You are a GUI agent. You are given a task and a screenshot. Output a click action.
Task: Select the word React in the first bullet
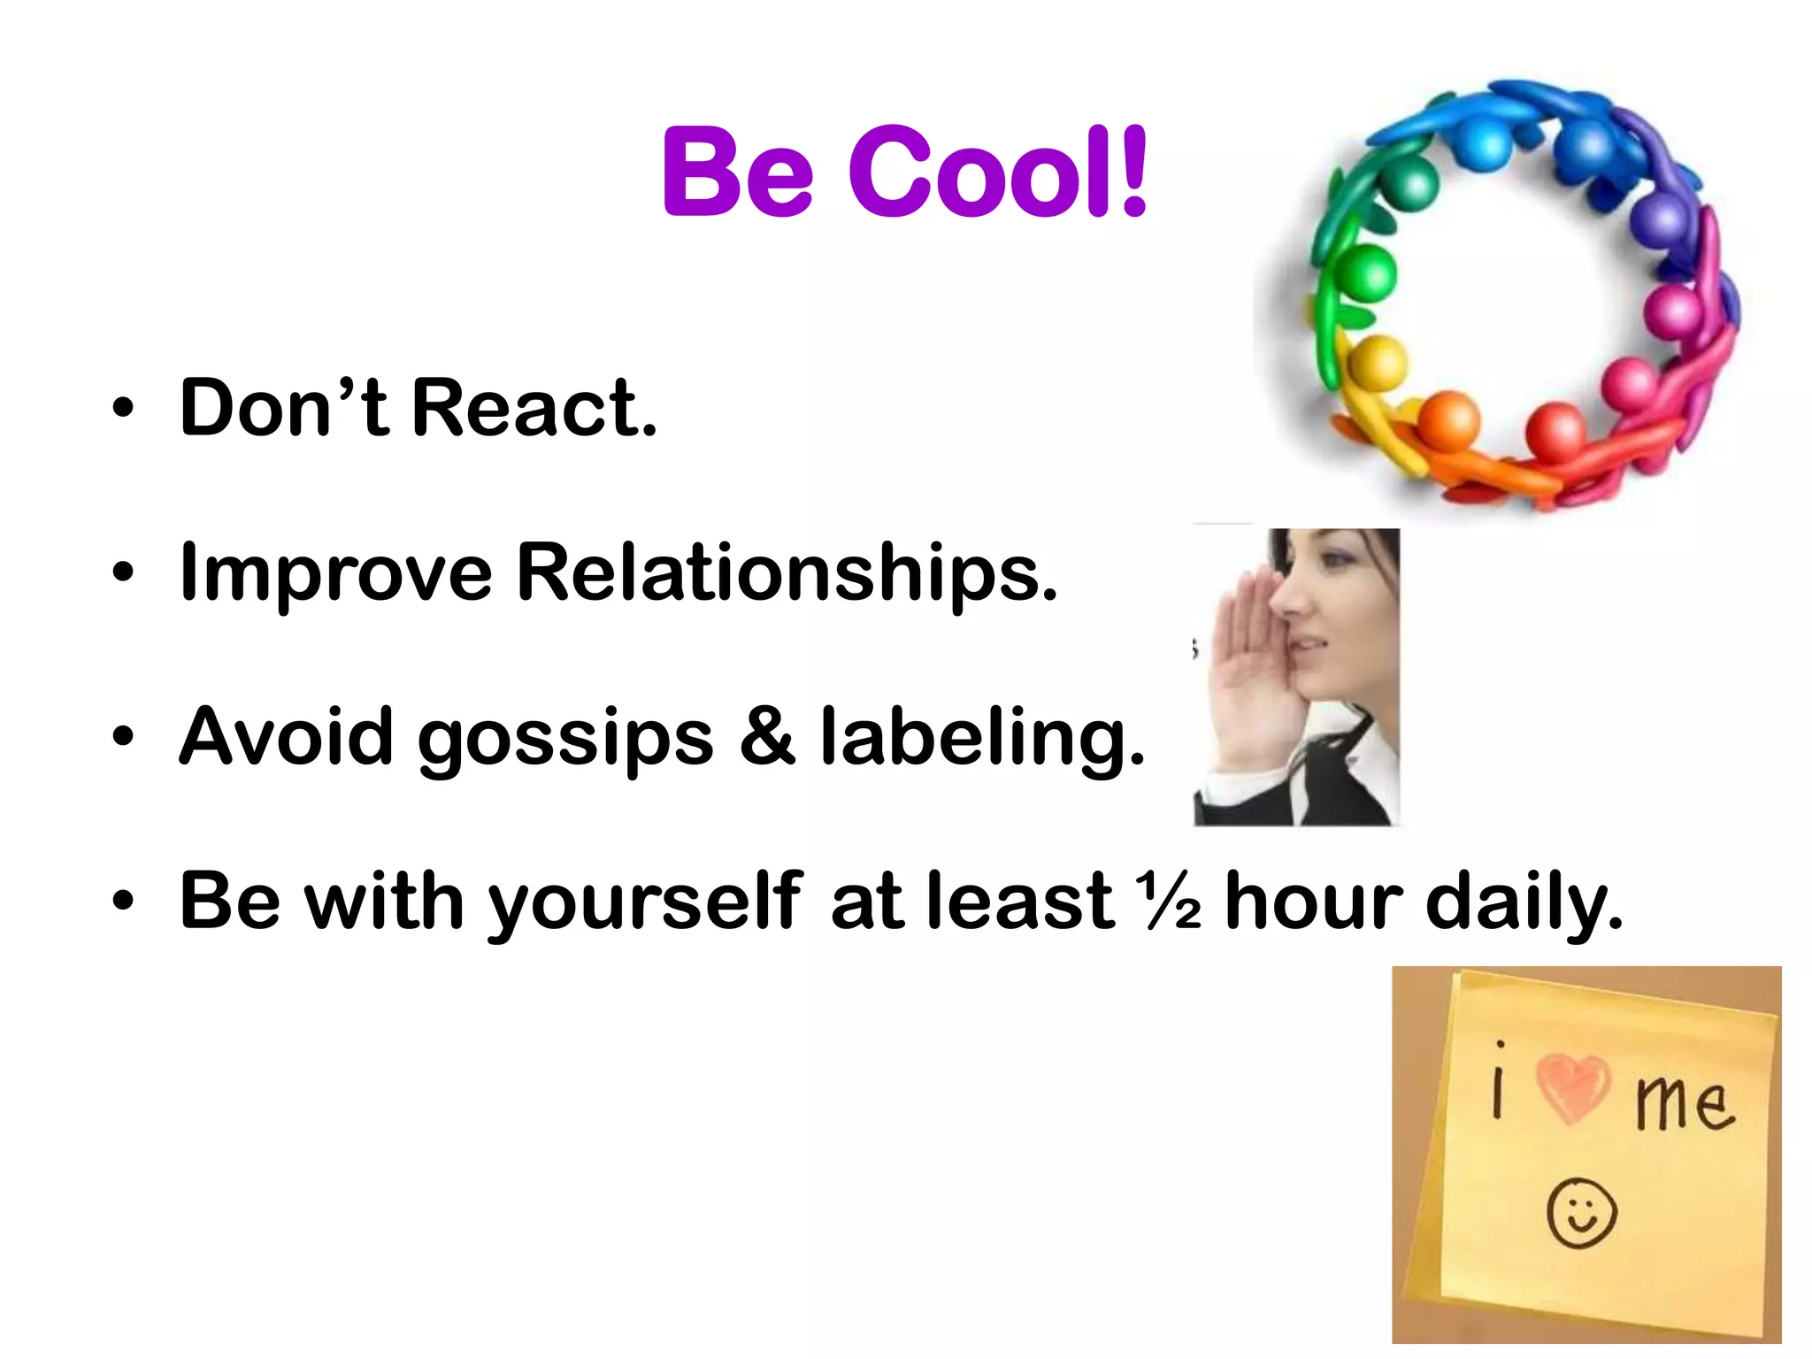tap(534, 408)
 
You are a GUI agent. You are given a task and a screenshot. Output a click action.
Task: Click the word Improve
tap(335, 573)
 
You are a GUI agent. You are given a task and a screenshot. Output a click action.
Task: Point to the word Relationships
tap(787, 573)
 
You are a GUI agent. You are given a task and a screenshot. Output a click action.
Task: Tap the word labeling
tap(982, 738)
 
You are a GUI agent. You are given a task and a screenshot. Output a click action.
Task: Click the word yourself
tap(645, 903)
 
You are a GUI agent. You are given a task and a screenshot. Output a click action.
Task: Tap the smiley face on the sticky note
tap(1582, 1213)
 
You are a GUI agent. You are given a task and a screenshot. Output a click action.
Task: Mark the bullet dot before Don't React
tap(123, 408)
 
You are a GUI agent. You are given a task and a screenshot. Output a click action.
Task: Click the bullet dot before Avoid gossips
tap(123, 737)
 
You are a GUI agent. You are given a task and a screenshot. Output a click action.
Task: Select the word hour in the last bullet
tap(1314, 902)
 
